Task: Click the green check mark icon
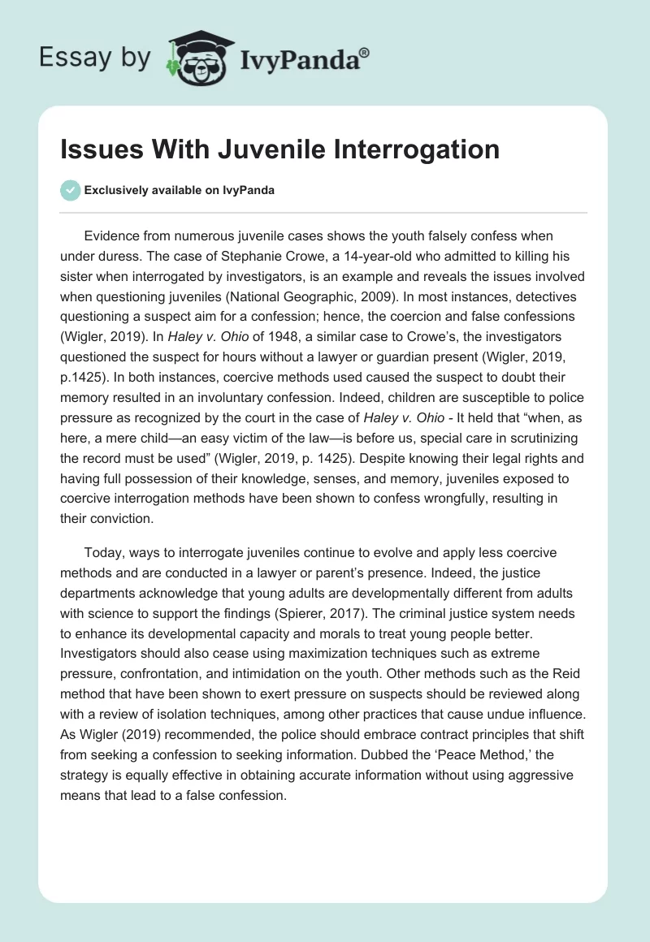point(70,190)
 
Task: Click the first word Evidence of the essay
point(111,235)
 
